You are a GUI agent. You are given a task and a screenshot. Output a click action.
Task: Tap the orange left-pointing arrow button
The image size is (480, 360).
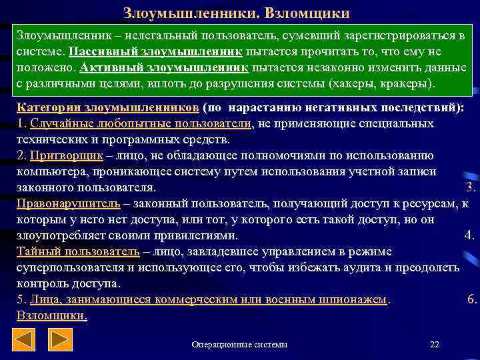[x=25, y=341]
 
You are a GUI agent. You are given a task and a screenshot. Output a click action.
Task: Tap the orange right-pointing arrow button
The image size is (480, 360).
[x=62, y=341]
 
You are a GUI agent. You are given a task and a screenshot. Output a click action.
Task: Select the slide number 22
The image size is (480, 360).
[x=435, y=344]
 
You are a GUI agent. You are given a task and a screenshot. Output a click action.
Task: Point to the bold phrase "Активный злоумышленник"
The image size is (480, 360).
[x=164, y=68]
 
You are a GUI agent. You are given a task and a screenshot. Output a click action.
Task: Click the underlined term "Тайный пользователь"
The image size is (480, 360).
[x=77, y=252]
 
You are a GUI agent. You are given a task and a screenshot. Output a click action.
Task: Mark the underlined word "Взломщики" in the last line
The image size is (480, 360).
[x=51, y=315]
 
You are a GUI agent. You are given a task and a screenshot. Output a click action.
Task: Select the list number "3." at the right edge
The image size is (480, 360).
[x=469, y=187]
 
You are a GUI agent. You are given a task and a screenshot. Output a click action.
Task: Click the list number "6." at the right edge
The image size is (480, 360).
[x=472, y=300]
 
